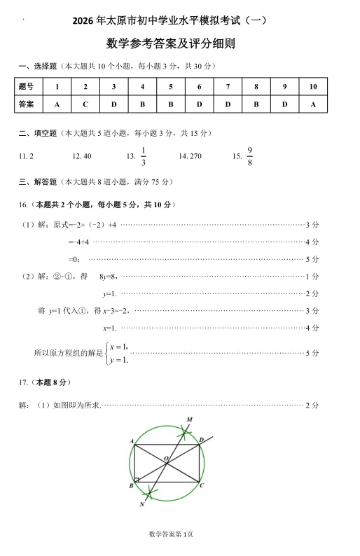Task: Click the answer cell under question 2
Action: (x=85, y=104)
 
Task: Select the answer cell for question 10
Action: (x=313, y=104)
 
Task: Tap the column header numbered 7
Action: (x=228, y=86)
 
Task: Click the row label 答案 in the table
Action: (x=26, y=104)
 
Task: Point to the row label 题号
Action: (x=26, y=86)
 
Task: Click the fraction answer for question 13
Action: (x=143, y=156)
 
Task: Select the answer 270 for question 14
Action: (x=190, y=156)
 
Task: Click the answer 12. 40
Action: (x=82, y=156)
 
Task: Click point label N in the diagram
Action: (x=142, y=504)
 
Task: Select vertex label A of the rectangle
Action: (x=132, y=440)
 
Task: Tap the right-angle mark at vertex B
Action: (x=137, y=480)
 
